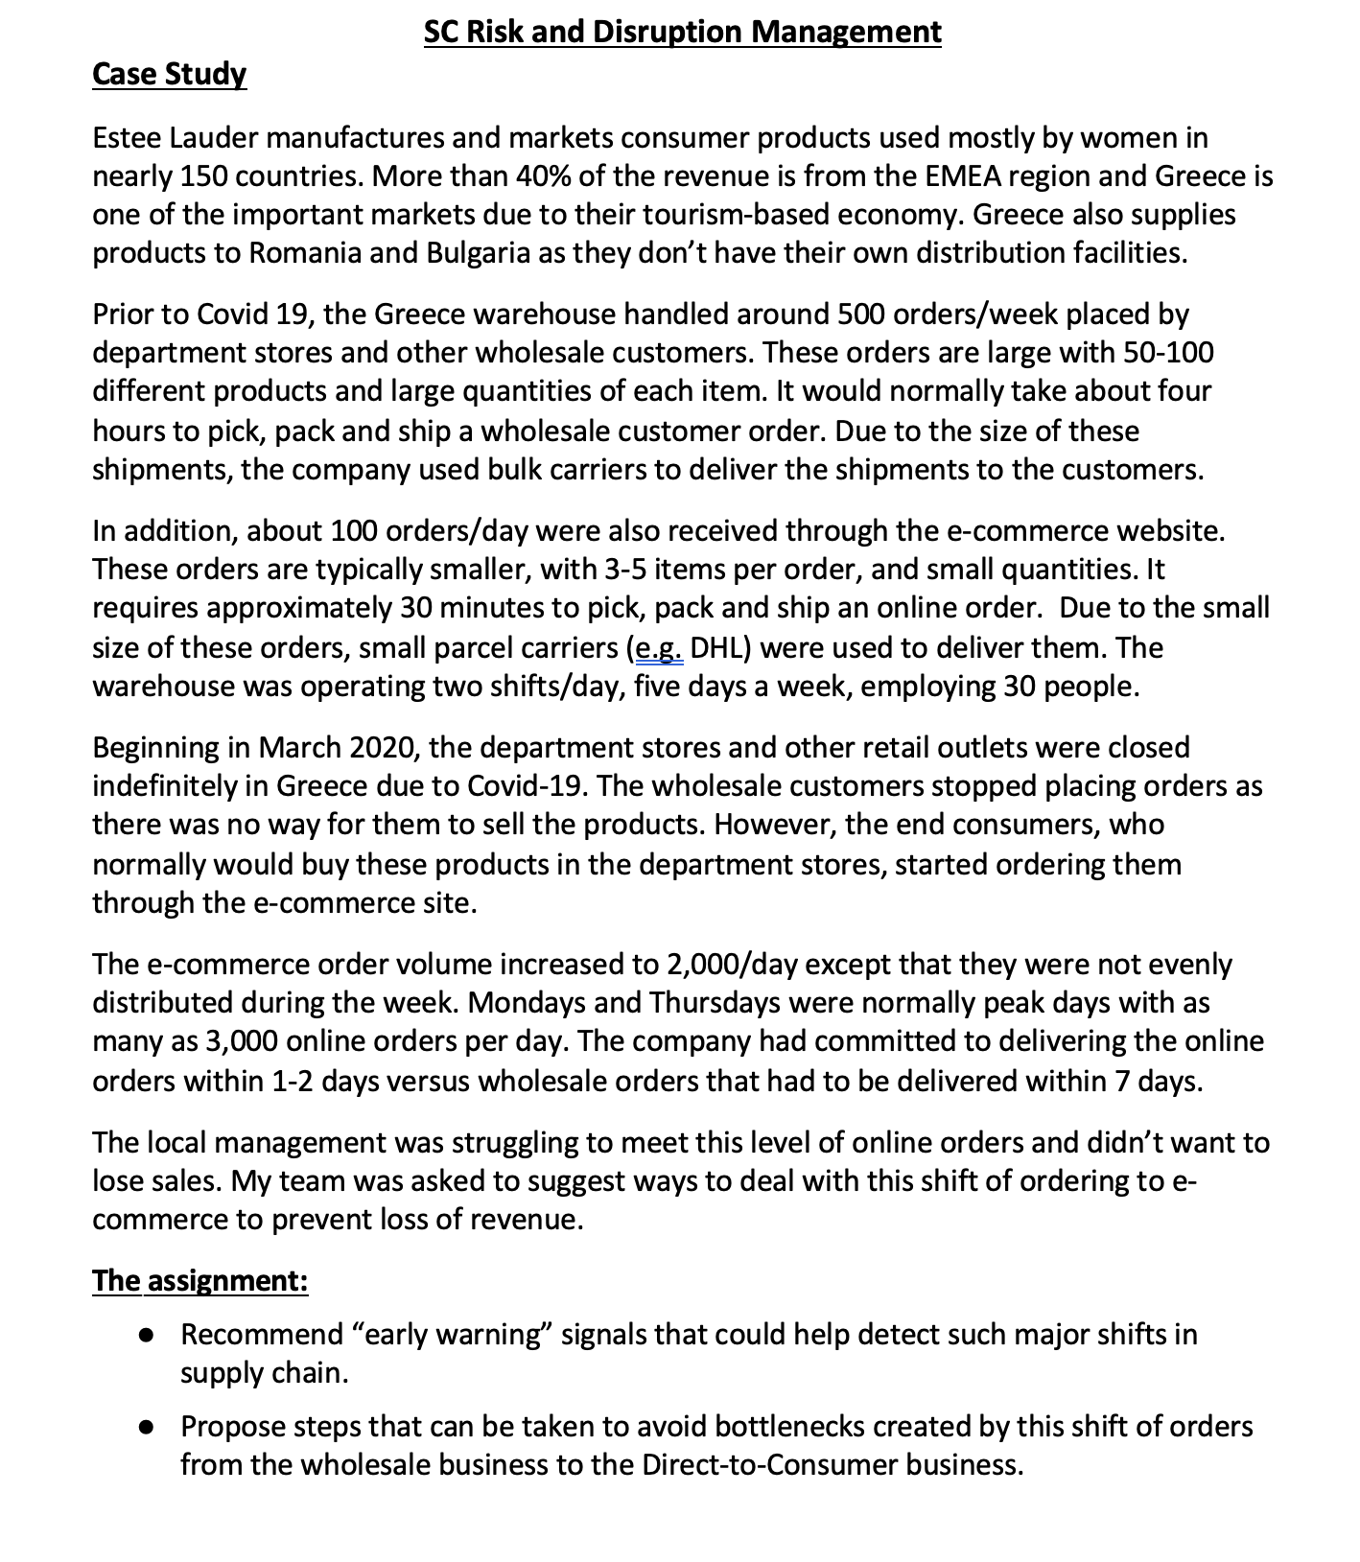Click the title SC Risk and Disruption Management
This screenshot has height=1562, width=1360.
[x=682, y=33]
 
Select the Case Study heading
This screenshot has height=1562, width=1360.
[x=169, y=75]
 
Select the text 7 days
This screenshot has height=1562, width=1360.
[x=1156, y=1082]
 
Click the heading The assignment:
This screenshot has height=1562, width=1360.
[x=199, y=1281]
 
